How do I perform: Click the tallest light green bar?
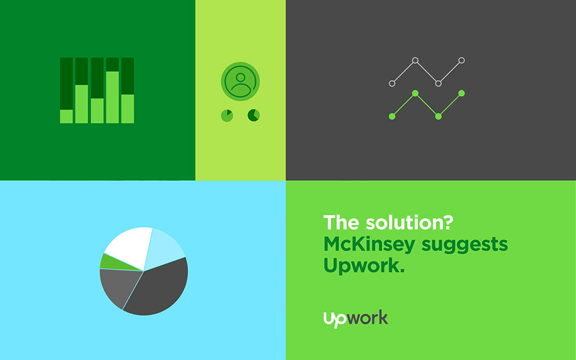pyautogui.click(x=112, y=97)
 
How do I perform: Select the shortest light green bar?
pyautogui.click(x=67, y=117)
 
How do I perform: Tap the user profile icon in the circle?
pyautogui.click(x=240, y=81)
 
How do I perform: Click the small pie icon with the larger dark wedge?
pyautogui.click(x=254, y=115)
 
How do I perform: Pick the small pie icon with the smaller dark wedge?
pyautogui.click(x=227, y=116)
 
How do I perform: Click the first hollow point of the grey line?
pyautogui.click(x=392, y=83)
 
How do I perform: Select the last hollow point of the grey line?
pyautogui.click(x=461, y=60)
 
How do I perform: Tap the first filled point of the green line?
pyautogui.click(x=392, y=117)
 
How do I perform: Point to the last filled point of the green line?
pyautogui.click(x=461, y=93)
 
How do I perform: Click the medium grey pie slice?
pyautogui.click(x=118, y=287)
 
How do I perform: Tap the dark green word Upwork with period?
pyautogui.click(x=364, y=266)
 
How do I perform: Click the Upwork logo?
pyautogui.click(x=356, y=319)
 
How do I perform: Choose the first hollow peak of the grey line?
pyautogui.click(x=415, y=60)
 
